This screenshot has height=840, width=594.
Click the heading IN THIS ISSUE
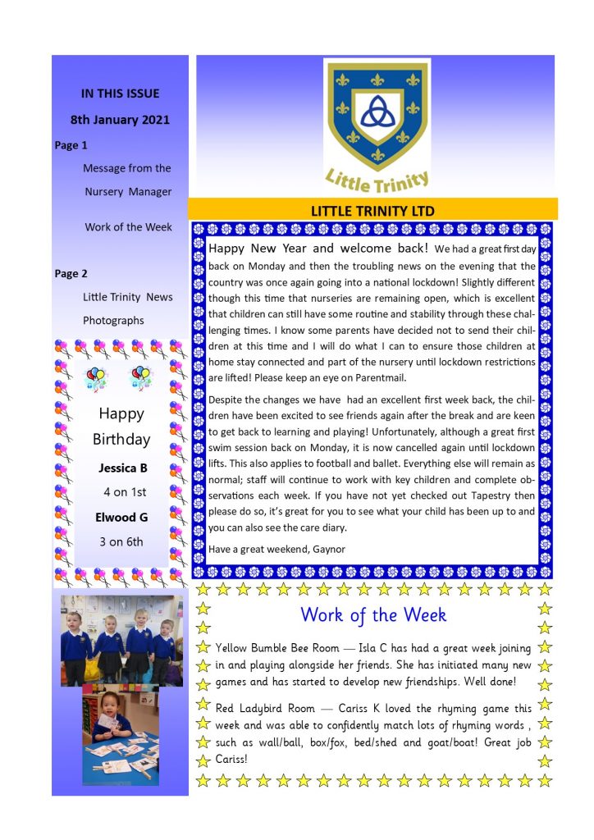coord(120,94)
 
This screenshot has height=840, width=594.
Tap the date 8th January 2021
coord(120,120)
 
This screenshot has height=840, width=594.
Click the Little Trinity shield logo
coord(377,115)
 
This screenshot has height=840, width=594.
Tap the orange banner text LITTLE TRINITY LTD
coord(372,211)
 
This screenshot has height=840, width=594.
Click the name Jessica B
coord(123,468)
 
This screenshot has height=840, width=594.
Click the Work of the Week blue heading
coord(372,614)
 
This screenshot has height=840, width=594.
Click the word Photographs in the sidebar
coord(113,320)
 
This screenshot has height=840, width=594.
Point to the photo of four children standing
coord(121,641)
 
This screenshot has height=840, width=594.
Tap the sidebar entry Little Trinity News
coord(128,297)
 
